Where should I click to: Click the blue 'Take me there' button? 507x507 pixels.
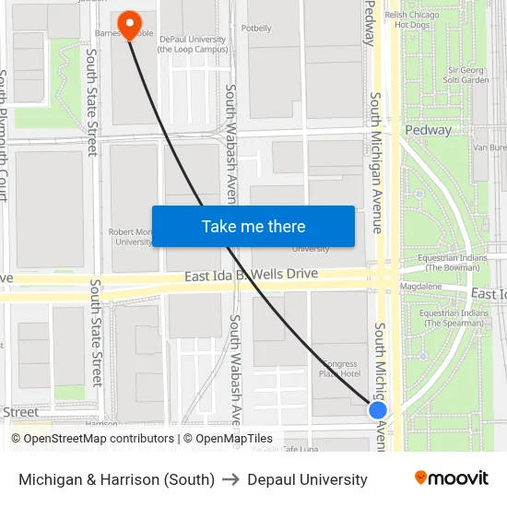(253, 227)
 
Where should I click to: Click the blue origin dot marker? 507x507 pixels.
(378, 409)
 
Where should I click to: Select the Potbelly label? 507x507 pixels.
(254, 29)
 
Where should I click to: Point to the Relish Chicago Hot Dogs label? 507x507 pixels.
(413, 19)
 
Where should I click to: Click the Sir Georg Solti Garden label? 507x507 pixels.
(467, 75)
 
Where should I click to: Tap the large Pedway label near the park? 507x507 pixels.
(429, 130)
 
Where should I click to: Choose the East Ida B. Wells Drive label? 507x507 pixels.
(251, 275)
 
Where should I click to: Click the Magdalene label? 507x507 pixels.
(421, 287)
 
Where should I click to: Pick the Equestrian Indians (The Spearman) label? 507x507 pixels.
(452, 318)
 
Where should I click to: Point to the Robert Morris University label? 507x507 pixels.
(131, 237)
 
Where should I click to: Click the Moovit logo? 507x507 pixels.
(452, 478)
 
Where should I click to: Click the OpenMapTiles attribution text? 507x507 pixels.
(228, 439)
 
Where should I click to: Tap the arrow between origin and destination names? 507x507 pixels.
(230, 479)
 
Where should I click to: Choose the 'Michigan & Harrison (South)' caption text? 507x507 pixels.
(116, 479)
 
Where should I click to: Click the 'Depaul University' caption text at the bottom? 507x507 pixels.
(307, 479)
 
